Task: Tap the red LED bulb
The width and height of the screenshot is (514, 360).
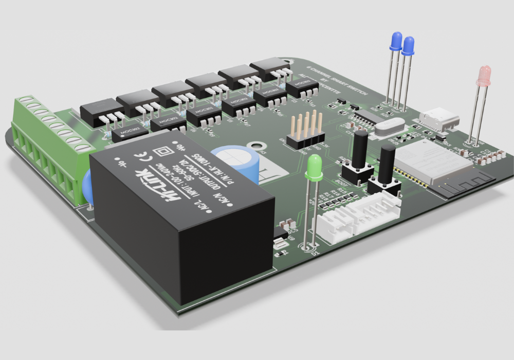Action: click(484, 76)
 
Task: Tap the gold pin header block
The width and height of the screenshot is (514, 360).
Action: click(307, 131)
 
